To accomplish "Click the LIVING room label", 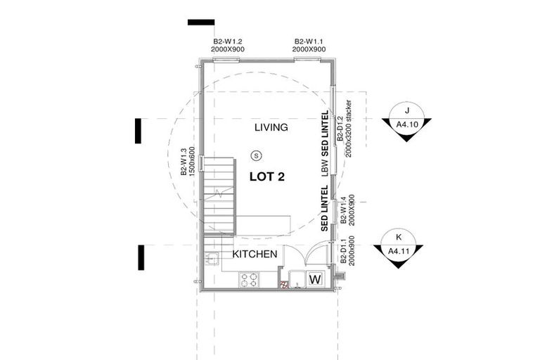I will (271, 127).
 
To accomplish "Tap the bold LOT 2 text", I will (271, 176).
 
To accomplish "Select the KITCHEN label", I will (255, 254).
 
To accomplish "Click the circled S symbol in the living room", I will (257, 155).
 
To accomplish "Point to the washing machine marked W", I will (315, 278).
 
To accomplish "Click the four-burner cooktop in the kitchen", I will (248, 280).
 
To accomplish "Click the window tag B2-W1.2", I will (229, 46).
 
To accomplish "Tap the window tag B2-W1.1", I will (309, 46).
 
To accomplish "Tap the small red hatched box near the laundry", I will (285, 285).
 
